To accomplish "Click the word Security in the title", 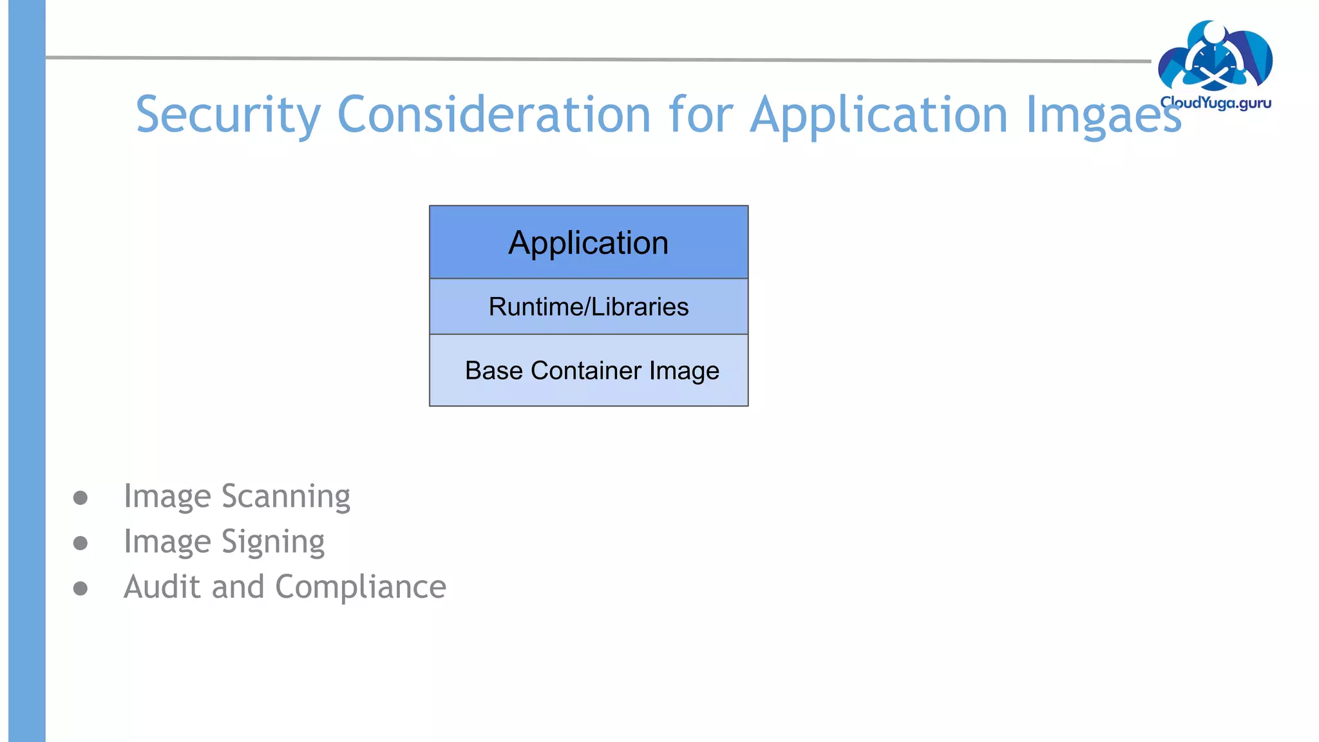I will pyautogui.click(x=228, y=115).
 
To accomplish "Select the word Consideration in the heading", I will pyautogui.click(x=494, y=115).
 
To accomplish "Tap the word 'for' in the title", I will pyautogui.click(x=701, y=115).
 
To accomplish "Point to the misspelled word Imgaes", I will pyautogui.click(x=1103, y=115).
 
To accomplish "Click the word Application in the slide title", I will pyautogui.click(x=879, y=115).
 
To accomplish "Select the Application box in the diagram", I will pyautogui.click(x=589, y=243).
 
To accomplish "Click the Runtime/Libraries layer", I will pyautogui.click(x=589, y=307).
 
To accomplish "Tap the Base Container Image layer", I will pyautogui.click(x=589, y=370).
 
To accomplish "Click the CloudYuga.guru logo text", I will pyautogui.click(x=1215, y=102).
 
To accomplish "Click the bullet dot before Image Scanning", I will pyautogui.click(x=81, y=497).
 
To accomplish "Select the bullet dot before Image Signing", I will pyautogui.click(x=81, y=543).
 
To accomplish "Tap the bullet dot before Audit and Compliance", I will pyautogui.click(x=81, y=588).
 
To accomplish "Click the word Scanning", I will pyautogui.click(x=285, y=497).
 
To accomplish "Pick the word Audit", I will pyautogui.click(x=162, y=587).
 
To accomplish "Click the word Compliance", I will pyautogui.click(x=361, y=587).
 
